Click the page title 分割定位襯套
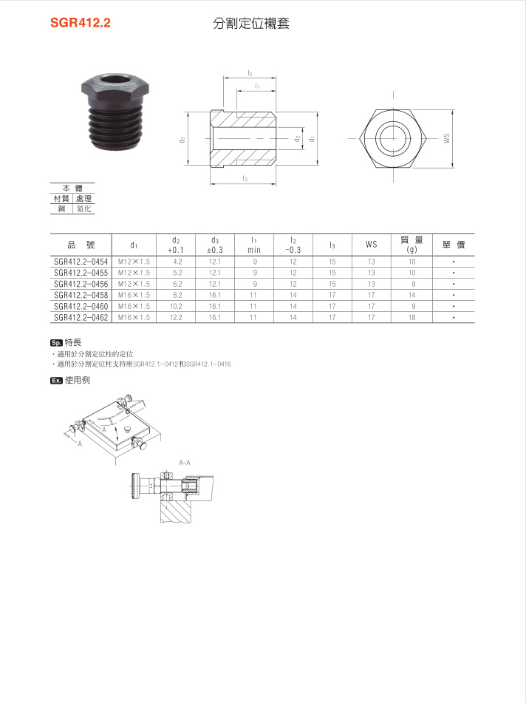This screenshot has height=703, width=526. click(251, 23)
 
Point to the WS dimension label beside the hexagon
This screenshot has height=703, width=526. click(446, 138)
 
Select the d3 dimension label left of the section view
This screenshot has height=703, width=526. click(182, 139)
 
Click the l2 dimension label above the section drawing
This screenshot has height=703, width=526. click(250, 74)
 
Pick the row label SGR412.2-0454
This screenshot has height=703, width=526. click(80, 262)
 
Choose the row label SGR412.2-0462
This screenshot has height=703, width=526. click(80, 317)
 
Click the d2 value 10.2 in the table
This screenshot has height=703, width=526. click(177, 306)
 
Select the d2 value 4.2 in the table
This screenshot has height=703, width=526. click(177, 262)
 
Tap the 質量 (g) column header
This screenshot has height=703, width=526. click(411, 245)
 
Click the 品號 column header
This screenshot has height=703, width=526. click(80, 245)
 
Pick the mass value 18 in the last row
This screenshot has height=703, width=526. click(411, 317)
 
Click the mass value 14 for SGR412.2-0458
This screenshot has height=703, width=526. click(411, 295)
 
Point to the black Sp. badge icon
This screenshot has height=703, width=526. click(56, 343)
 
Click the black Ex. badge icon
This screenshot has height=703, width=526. click(56, 380)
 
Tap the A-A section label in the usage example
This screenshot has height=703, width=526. click(185, 462)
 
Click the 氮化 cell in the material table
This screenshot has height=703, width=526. click(83, 209)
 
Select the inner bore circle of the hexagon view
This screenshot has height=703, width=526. click(391, 138)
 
